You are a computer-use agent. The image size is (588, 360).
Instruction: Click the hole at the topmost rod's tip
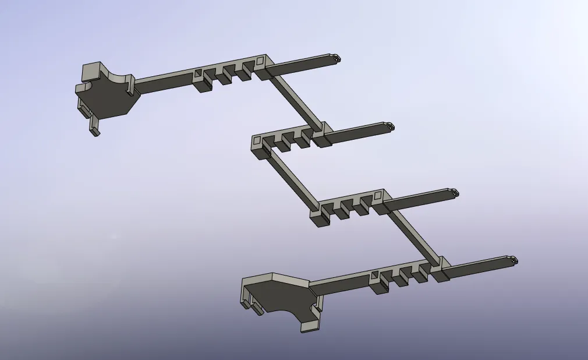point(337,58)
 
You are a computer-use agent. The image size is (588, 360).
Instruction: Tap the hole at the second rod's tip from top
point(391,126)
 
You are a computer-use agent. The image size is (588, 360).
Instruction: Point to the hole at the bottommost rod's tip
point(512,259)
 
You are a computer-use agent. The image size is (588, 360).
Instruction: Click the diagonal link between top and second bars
point(294,101)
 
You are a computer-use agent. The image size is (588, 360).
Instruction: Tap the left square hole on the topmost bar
point(198,73)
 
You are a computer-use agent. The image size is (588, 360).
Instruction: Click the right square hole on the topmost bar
point(260,59)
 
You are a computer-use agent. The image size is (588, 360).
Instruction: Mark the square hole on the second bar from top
point(257,140)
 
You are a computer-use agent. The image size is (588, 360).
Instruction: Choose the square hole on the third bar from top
point(378,195)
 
